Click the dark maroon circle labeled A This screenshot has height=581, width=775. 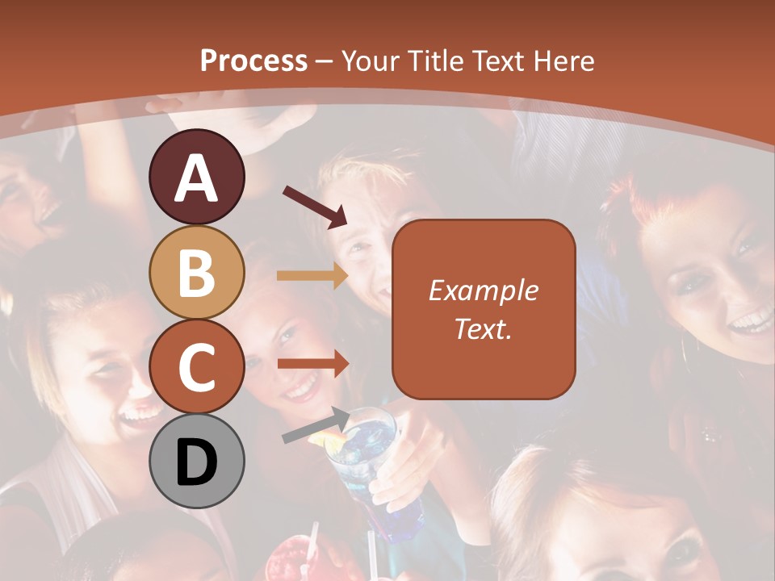pyautogui.click(x=197, y=177)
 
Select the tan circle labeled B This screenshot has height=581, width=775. pyautogui.click(x=197, y=272)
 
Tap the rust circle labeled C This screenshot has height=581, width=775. pyautogui.click(x=197, y=366)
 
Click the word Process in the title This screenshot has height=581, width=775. pyautogui.click(x=253, y=61)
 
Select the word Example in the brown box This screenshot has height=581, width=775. pyautogui.click(x=483, y=290)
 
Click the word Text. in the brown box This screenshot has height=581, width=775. pyautogui.click(x=483, y=328)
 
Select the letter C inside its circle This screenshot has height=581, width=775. pyautogui.click(x=197, y=368)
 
